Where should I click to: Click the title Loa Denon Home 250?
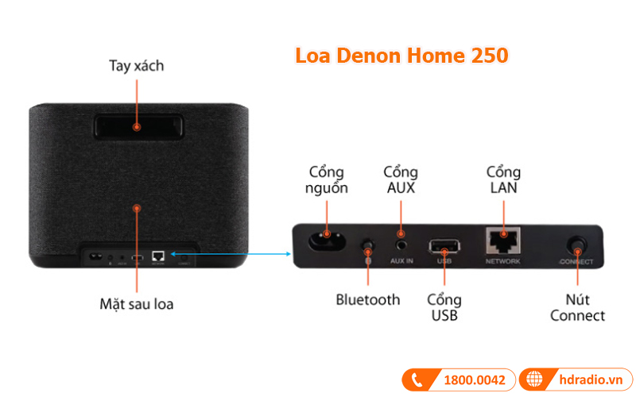click(x=401, y=56)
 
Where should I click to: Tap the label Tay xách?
click(x=136, y=66)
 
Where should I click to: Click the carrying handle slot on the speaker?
click(x=137, y=126)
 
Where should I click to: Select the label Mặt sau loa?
click(x=136, y=304)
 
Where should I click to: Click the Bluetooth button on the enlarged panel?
click(x=367, y=245)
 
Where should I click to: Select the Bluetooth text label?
click(x=367, y=299)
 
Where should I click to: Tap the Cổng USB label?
click(x=444, y=308)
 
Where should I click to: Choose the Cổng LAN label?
click(x=503, y=180)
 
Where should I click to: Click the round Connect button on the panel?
click(x=576, y=245)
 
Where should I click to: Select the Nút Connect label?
click(x=577, y=308)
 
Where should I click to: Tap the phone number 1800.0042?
click(x=473, y=380)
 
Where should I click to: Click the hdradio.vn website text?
click(x=591, y=380)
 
